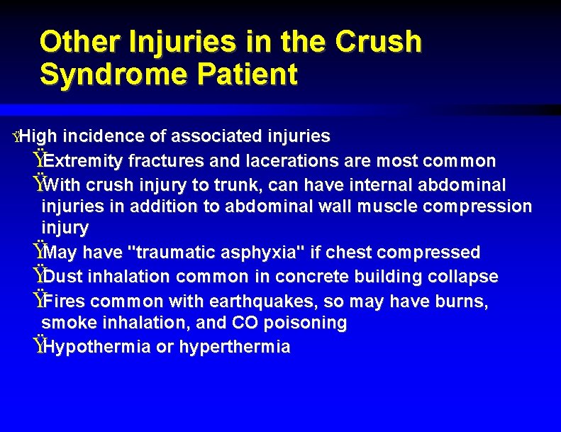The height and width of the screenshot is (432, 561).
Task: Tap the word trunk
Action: [x=234, y=185]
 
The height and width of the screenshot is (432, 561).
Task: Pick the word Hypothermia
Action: [x=95, y=347]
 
